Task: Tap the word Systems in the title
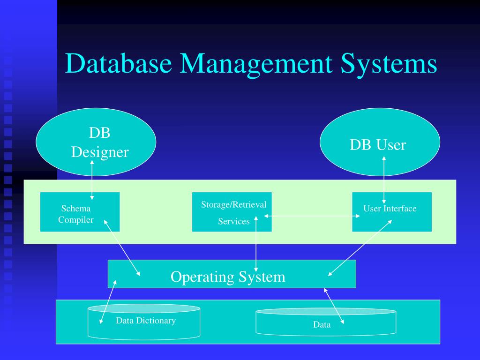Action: click(x=389, y=64)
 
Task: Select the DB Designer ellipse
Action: click(x=96, y=142)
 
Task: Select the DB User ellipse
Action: click(x=380, y=142)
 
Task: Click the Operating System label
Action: click(x=228, y=277)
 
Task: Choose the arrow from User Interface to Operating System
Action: click(x=360, y=248)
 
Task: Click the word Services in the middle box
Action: click(x=233, y=222)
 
